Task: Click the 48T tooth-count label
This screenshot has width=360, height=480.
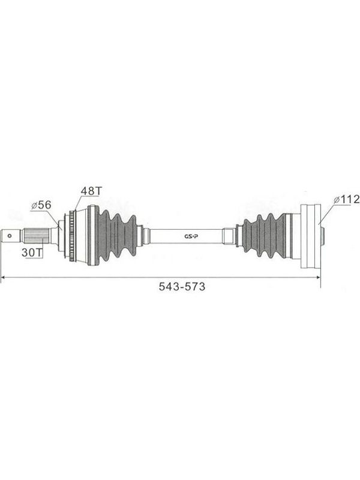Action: point(91,191)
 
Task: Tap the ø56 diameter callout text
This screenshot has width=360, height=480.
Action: point(41,205)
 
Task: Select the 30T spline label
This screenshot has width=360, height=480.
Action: point(32,252)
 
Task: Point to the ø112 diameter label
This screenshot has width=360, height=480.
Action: point(347,200)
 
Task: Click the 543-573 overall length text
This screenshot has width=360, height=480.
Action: point(182,287)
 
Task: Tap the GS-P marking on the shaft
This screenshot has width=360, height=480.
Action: point(191,236)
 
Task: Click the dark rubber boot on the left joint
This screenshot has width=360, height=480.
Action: point(116,235)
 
